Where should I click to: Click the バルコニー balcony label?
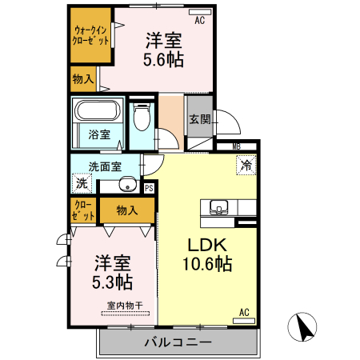coord(178,342)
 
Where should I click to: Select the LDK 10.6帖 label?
coord(210,254)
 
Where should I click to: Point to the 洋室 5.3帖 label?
coord(112,272)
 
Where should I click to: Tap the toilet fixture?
coord(142,119)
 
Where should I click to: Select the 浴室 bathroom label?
coord(99,135)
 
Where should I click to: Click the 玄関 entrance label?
coord(200,120)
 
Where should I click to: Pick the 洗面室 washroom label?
coord(105,167)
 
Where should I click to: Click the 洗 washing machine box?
coord(82,183)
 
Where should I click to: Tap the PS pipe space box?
coord(149,189)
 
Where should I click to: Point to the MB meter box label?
coord(237,147)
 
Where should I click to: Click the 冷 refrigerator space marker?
coord(246,165)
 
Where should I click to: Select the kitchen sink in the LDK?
coord(218,208)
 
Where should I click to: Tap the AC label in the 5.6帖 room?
coord(199,21)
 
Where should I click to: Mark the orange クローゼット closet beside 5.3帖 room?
coord(82,210)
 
